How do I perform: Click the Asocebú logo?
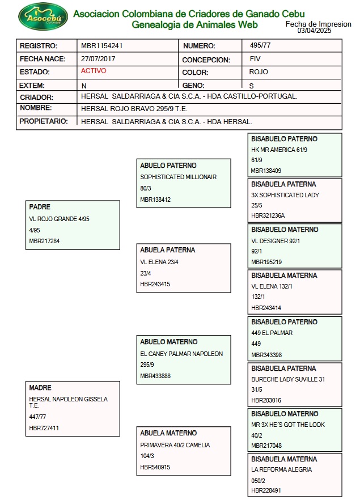pyautogui.click(x=43, y=18)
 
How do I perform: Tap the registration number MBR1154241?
pyautogui.click(x=102, y=46)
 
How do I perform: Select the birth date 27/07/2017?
pyautogui.click(x=99, y=59)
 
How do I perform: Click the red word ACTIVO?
pyautogui.click(x=94, y=71)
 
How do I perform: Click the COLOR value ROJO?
pyautogui.click(x=259, y=72)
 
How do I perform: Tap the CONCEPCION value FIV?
pyautogui.click(x=255, y=59)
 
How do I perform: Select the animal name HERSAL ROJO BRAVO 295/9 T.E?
pyautogui.click(x=134, y=108)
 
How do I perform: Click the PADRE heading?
pyautogui.click(x=40, y=207)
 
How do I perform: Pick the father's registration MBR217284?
pyautogui.click(x=44, y=241)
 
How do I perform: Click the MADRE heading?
pyautogui.click(x=40, y=388)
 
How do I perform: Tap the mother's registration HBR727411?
pyautogui.click(x=44, y=429)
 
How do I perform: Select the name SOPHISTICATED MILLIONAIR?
pyautogui.click(x=179, y=177)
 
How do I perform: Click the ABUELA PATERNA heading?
pyautogui.click(x=168, y=250)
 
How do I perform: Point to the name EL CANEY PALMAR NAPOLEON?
pyautogui.click(x=181, y=354)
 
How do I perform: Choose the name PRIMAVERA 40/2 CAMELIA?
pyautogui.click(x=175, y=446)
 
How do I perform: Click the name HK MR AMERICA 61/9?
pyautogui.click(x=279, y=150)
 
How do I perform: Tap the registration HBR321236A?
pyautogui.click(x=268, y=216)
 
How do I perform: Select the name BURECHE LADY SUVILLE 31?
pyautogui.click(x=288, y=380)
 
